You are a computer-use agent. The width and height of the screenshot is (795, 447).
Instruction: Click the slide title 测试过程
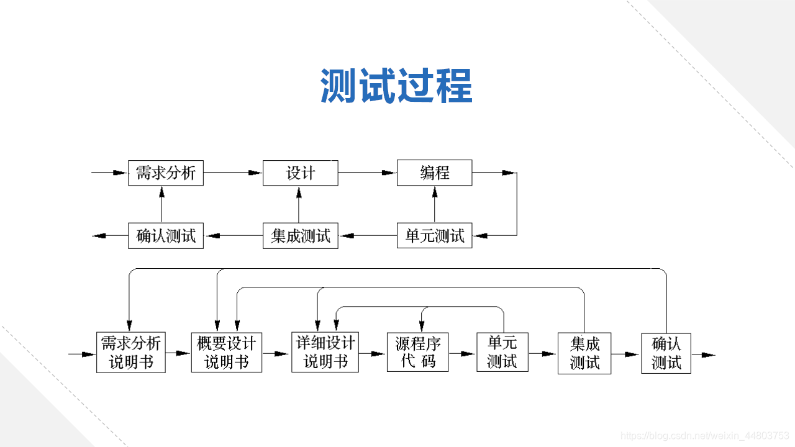[396, 86]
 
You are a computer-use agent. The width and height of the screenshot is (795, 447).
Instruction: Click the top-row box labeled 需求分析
[166, 173]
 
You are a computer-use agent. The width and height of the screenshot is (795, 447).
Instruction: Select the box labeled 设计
[301, 173]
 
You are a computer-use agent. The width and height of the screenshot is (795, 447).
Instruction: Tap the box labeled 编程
[435, 173]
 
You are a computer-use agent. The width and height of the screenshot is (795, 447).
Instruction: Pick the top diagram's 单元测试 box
[435, 235]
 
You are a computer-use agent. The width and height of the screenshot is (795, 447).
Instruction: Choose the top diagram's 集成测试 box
[301, 236]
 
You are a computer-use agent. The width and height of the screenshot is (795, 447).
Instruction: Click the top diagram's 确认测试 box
[166, 236]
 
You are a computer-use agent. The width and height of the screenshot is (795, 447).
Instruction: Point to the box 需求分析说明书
[131, 353]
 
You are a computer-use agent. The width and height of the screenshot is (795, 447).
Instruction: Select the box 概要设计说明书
[227, 353]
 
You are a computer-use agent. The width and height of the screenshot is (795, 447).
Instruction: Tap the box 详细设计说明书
[325, 353]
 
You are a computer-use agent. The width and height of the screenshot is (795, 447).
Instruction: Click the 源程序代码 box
[418, 353]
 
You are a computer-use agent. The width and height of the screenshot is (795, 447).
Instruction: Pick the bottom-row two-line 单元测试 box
[502, 353]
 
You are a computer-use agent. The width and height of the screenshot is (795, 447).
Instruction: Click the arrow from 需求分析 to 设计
[234, 173]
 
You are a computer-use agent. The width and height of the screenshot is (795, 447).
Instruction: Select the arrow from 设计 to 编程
[368, 173]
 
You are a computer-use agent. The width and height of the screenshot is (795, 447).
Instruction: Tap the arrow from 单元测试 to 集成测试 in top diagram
[368, 236]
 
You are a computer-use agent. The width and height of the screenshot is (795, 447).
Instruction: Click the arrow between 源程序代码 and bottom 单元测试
[463, 354]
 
